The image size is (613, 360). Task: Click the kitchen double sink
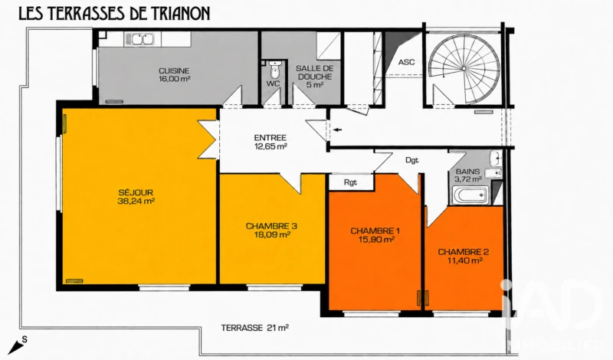click(x=139, y=40)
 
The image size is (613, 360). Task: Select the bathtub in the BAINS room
click(x=470, y=195)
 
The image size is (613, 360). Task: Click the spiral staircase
click(x=464, y=69)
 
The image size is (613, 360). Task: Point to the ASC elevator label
click(x=406, y=62)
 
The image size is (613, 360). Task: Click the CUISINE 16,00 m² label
click(x=174, y=74)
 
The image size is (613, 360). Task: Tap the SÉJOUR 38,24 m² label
click(x=136, y=197)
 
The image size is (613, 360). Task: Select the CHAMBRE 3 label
click(x=271, y=226)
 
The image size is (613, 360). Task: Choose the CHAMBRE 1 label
click(x=375, y=231)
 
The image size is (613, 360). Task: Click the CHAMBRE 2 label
click(x=464, y=252)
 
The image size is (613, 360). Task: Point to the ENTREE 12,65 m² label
click(x=270, y=142)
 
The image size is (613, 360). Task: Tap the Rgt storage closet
click(x=351, y=182)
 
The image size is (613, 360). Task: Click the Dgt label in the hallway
click(x=412, y=160)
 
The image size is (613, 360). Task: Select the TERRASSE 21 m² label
click(x=255, y=328)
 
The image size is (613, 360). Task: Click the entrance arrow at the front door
click(x=337, y=129)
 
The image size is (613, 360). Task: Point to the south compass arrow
click(x=15, y=346)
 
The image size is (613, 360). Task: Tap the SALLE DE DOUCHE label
click(x=315, y=72)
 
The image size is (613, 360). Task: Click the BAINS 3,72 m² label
click(x=468, y=175)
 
